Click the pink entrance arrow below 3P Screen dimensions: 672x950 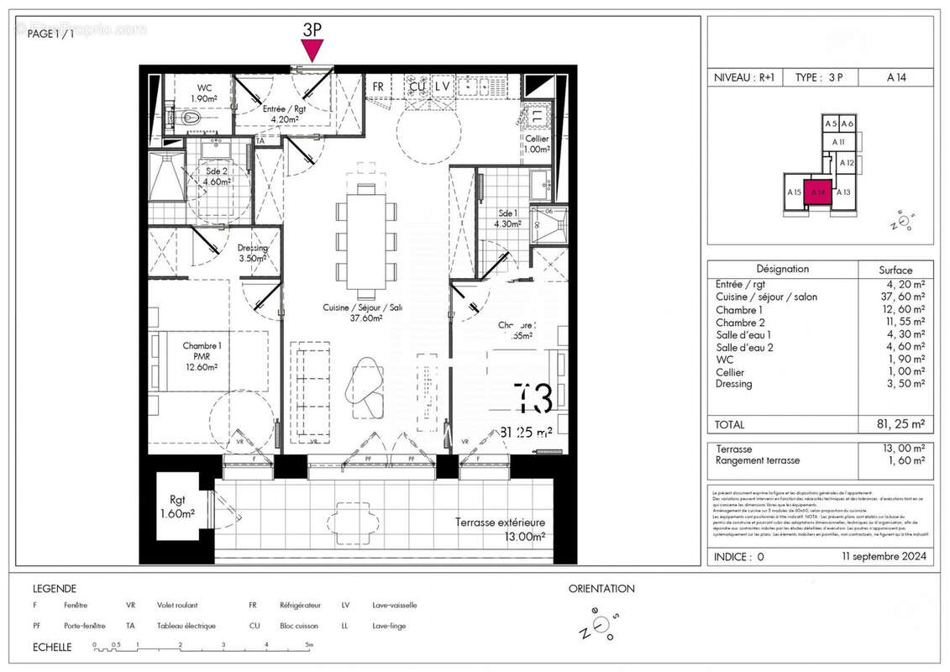tap(312, 51)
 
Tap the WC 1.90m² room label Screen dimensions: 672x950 tap(204, 93)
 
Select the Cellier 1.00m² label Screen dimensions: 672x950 tap(537, 144)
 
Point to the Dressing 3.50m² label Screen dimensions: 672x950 tap(252, 253)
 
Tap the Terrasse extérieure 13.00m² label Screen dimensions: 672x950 tap(501, 529)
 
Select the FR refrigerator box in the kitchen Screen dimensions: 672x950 tap(378, 87)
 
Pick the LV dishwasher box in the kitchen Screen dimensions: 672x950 tap(443, 86)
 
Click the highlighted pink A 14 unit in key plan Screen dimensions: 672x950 tap(817, 192)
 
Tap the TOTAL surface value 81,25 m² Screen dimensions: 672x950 tap(895, 425)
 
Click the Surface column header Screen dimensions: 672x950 tap(895, 270)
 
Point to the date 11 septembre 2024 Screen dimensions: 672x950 tap(884, 556)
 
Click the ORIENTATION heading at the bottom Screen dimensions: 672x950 tap(601, 589)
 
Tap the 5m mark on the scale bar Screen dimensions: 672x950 tap(308, 645)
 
